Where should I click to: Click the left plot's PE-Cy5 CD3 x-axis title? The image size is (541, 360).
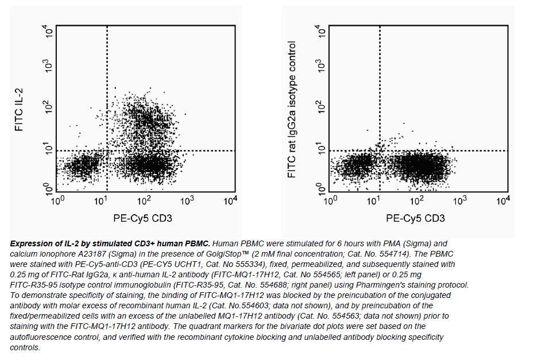143,218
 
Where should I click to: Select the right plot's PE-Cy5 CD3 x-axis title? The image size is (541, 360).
415,218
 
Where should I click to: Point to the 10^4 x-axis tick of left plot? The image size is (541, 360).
230,200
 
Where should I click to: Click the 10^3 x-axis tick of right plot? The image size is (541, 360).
459,200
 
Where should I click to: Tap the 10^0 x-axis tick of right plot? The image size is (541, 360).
330,200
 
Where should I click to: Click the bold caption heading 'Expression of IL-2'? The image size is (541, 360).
46,243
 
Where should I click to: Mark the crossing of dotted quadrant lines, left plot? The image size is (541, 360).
107,150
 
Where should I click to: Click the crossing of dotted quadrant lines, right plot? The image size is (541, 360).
380,150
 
